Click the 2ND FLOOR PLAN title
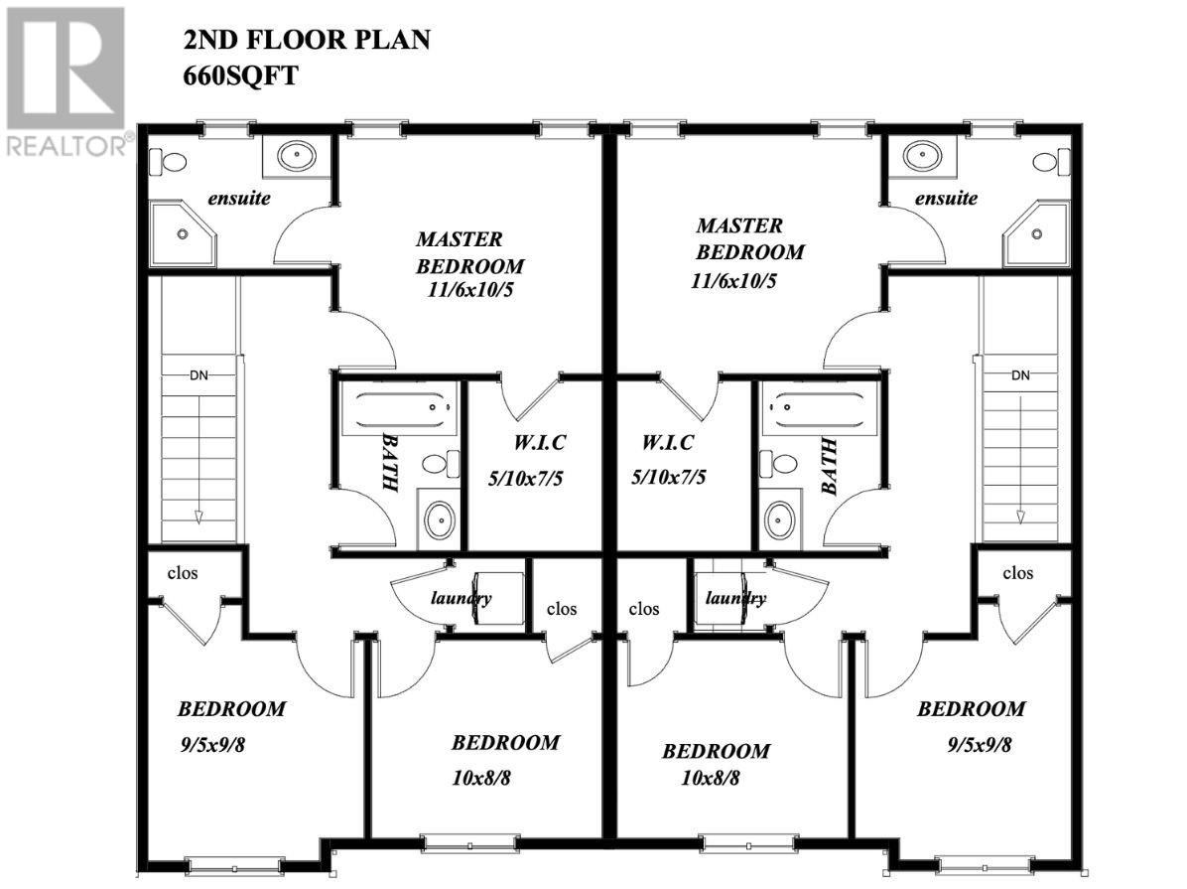306,41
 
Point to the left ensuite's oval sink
296,155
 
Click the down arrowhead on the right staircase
1019,517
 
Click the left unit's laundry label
461,598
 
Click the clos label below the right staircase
1018,573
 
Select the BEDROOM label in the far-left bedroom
231,709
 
